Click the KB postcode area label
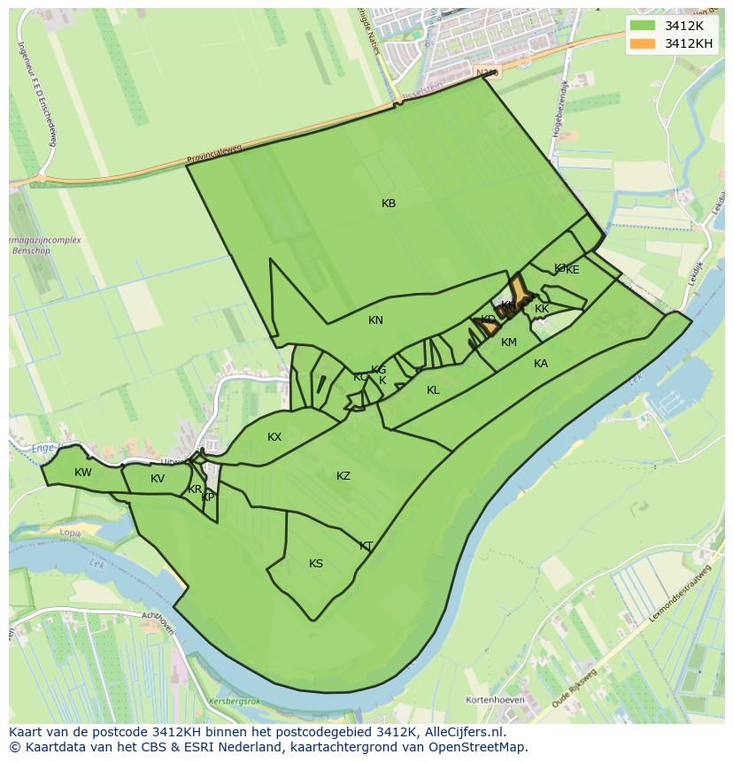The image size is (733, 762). coord(389,204)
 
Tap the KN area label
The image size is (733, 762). coord(375,320)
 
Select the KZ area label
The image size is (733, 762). coord(343,476)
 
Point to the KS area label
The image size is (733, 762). coord(316,564)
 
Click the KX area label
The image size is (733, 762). coord(274,437)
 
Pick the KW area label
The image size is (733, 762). coord(83,473)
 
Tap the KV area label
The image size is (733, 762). coord(158,479)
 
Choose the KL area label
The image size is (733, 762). coord(433,390)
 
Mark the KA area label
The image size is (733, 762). coord(541,364)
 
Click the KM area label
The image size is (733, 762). coord(509,343)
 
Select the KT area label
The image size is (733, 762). coord(366,546)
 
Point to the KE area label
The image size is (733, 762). coord(573,270)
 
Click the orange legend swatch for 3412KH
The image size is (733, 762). coord(644,43)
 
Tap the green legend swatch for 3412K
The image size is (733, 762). coord(644,25)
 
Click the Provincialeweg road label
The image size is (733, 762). coord(214,156)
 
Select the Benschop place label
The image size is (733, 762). coord(35,250)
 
